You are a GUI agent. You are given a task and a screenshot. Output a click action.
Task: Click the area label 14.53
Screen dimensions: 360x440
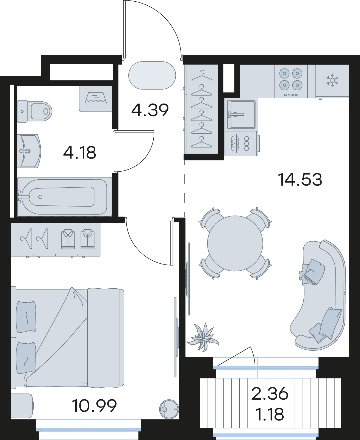[x=300, y=180]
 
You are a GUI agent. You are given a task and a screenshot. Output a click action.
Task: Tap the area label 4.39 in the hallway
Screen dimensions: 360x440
[x=150, y=110]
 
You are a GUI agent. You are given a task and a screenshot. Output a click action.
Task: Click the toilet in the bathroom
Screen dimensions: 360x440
[x=34, y=111]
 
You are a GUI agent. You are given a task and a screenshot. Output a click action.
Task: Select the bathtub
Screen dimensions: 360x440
[x=65, y=197]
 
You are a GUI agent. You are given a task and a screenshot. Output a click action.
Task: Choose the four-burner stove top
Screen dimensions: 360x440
[x=291, y=81]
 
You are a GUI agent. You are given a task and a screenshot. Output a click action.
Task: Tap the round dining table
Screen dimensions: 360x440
[x=235, y=243]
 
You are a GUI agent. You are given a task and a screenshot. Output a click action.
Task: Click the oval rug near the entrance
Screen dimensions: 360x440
[x=152, y=76]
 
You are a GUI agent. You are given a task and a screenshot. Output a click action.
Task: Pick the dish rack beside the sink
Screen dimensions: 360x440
[x=242, y=144]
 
